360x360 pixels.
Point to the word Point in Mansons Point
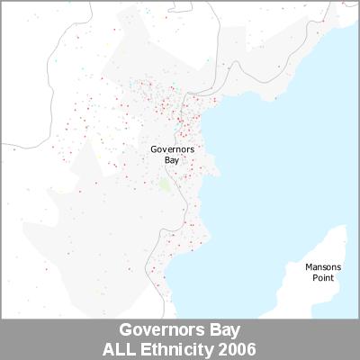click(x=321, y=278)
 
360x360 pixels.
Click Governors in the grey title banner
click(x=164, y=329)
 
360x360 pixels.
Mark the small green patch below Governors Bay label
click(x=164, y=184)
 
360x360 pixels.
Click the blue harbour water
click(x=270, y=180)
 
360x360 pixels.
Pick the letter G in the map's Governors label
click(x=154, y=148)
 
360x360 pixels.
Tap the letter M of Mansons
click(x=308, y=267)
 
